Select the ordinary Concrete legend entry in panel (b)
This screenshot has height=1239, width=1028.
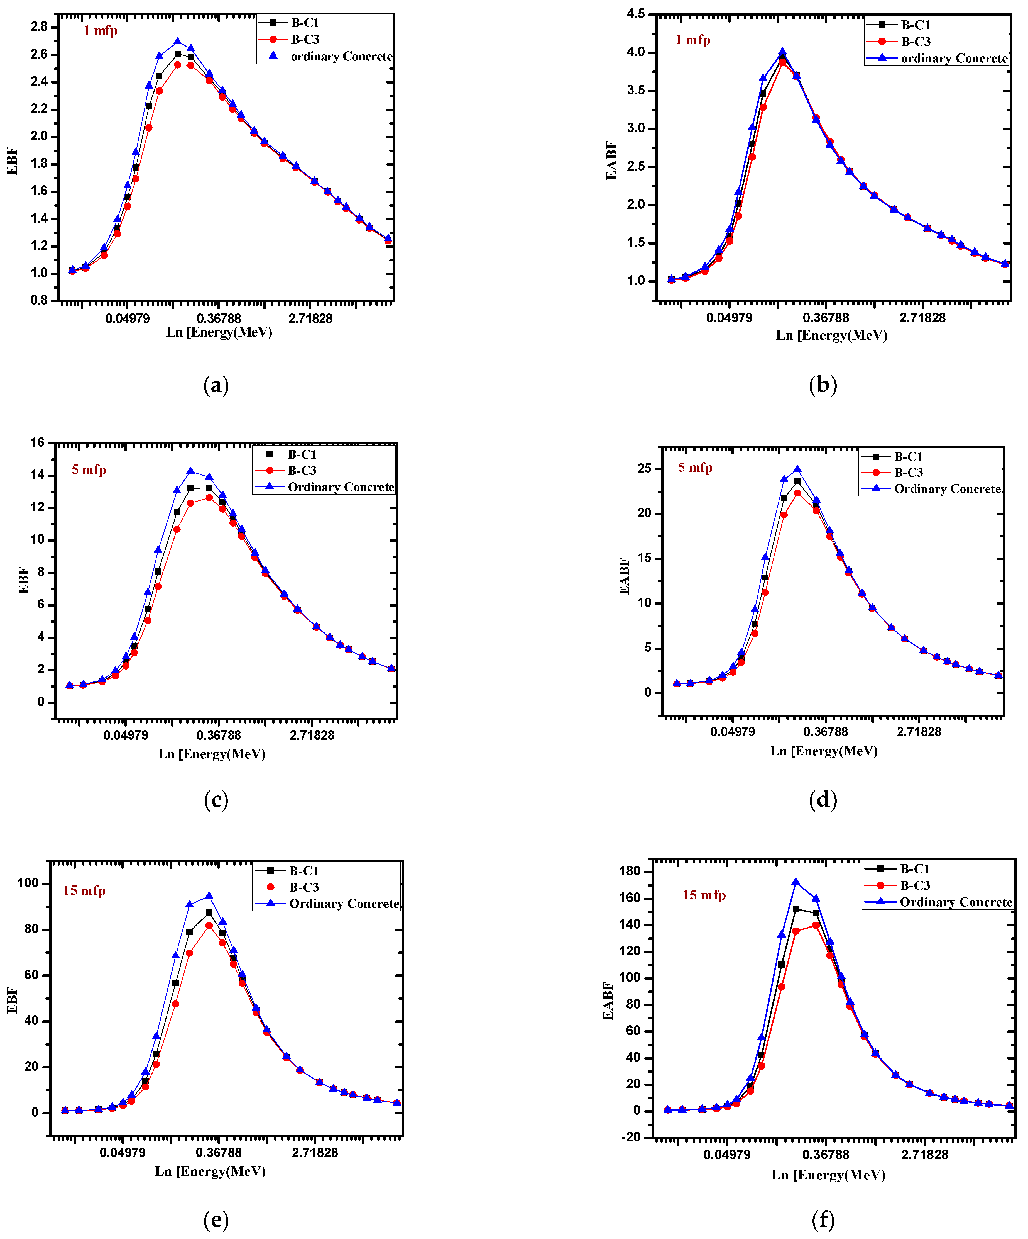coord(954,59)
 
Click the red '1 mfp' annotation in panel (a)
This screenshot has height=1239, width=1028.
coord(100,31)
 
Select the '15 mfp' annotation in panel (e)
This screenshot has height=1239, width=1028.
coord(84,891)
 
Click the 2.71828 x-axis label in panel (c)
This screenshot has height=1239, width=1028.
coord(311,735)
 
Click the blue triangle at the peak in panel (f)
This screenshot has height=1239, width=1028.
coord(796,882)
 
